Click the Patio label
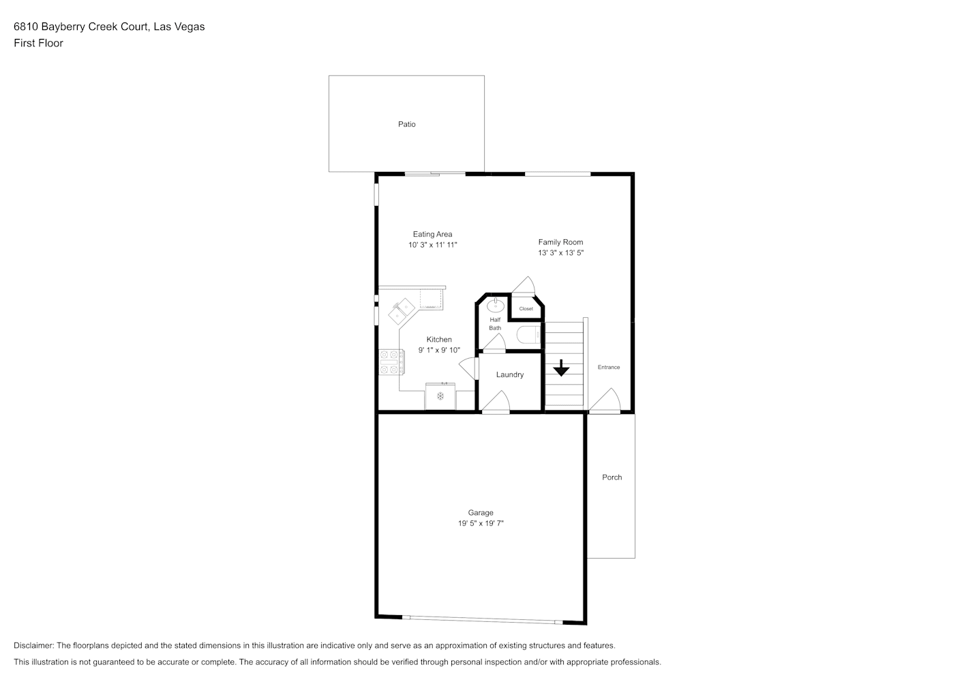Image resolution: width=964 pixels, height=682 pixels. coord(407,124)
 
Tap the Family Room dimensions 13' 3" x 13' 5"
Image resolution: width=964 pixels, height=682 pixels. coord(561,253)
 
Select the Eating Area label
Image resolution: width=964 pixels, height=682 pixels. coord(432,234)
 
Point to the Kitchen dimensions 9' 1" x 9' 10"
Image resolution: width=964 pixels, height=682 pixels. coord(439,350)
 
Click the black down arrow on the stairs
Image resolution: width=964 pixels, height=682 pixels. coord(561,368)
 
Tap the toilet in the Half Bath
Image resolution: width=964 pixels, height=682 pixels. coord(528,335)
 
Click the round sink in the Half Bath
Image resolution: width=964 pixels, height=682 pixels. coord(496,306)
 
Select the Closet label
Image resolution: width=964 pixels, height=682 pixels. coord(526,309)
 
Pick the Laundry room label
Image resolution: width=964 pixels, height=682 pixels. coord(510,374)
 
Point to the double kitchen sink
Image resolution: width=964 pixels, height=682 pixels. coord(402,311)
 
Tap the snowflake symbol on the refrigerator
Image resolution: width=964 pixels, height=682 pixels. coord(440,396)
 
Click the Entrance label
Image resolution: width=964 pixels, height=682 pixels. coord(609,368)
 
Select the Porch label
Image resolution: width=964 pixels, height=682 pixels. coord(612,477)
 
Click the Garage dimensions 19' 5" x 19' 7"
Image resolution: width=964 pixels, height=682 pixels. coord(481,523)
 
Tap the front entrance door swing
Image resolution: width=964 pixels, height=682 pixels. coord(605,401)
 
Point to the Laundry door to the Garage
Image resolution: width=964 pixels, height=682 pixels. coord(496,402)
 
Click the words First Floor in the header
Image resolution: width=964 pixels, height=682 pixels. coord(38,43)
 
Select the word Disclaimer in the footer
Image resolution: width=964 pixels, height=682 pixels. coord(34,645)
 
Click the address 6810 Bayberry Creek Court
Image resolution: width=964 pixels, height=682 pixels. coord(81,27)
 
